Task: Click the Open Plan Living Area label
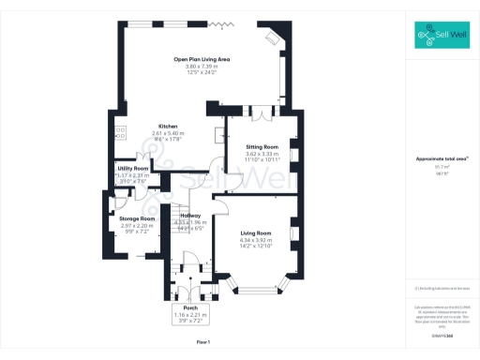202,59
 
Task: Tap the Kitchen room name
168,127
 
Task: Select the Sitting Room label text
262,148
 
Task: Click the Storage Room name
137,218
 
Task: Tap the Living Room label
255,232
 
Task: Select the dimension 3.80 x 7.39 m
202,67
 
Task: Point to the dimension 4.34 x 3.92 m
255,239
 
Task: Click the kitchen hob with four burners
121,132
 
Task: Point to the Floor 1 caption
203,343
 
